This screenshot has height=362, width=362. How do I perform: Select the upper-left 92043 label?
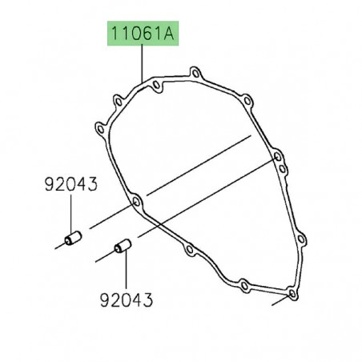70,185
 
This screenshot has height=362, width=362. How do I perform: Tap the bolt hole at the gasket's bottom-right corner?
292,295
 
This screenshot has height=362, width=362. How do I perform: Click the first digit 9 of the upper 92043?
49,185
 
